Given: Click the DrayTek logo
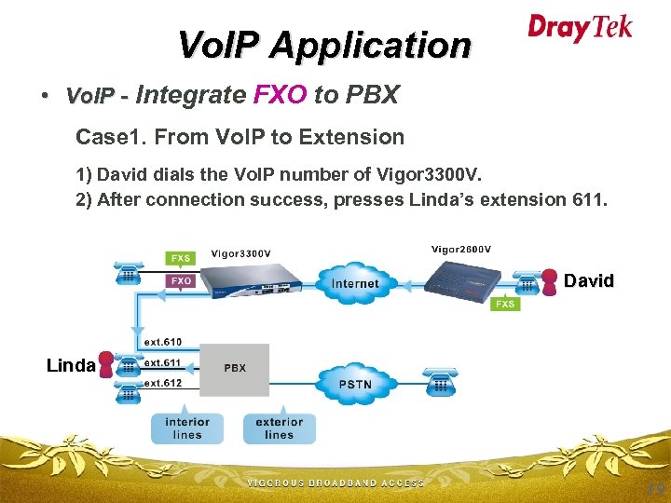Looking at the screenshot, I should (580, 27).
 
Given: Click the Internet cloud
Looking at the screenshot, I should (354, 281).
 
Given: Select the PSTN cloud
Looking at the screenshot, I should (354, 383).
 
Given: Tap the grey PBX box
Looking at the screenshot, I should (235, 369).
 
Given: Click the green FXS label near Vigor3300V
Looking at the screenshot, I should (181, 256).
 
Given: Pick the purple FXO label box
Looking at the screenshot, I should (181, 279).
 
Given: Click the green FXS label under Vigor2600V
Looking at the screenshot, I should (505, 304).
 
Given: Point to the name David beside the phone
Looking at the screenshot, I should (589, 280).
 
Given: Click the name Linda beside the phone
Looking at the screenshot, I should (71, 365).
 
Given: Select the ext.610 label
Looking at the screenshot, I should (163, 342).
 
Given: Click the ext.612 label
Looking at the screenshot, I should (163, 383).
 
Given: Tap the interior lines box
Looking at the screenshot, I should (187, 428).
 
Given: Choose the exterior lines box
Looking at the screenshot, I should (279, 428).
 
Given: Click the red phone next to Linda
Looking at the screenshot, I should (108, 363).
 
